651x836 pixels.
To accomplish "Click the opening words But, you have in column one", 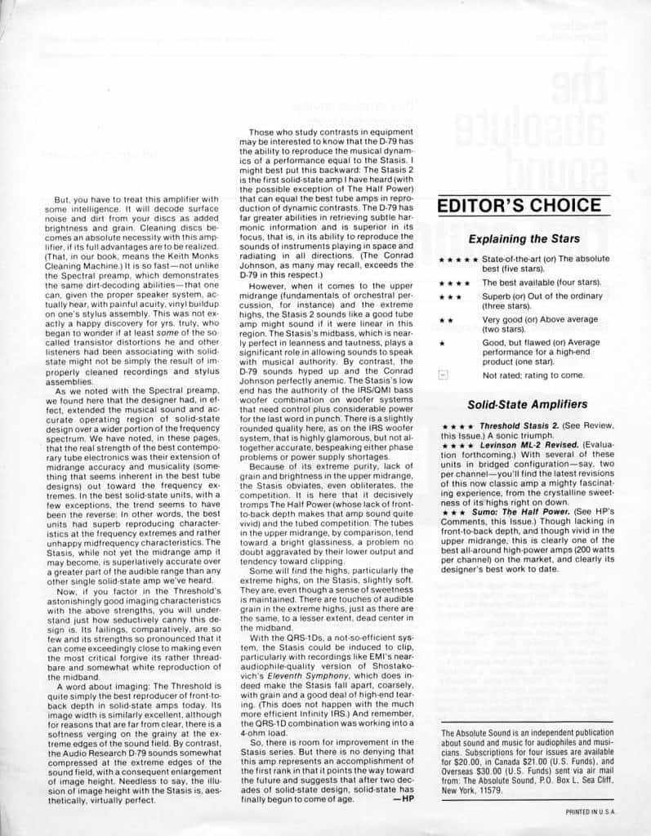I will tap(78, 200).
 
